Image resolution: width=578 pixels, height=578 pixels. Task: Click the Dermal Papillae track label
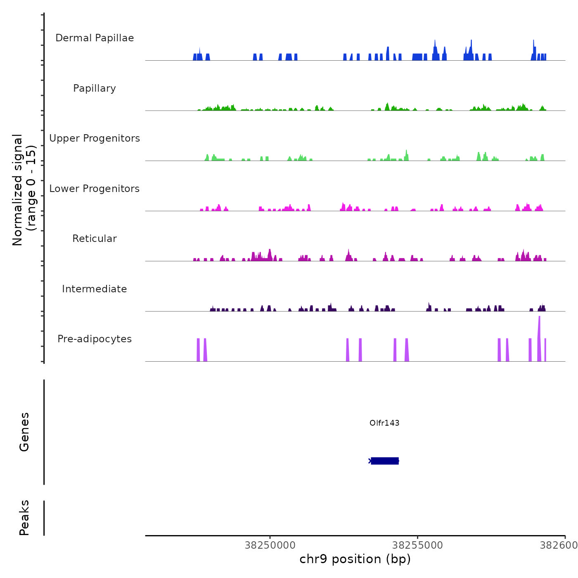[x=95, y=38]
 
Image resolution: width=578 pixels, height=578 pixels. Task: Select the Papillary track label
[x=95, y=88]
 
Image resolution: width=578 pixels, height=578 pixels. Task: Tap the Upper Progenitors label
[x=95, y=138]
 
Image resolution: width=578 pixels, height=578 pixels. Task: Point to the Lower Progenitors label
[x=95, y=189]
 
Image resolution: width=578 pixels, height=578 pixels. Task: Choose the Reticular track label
[x=95, y=239]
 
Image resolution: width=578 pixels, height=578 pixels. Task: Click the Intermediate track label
[x=95, y=289]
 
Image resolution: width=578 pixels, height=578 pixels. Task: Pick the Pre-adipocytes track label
[x=95, y=339]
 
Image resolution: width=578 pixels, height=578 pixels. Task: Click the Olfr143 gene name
[x=384, y=423]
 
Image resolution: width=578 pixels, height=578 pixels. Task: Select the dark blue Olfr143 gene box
[x=385, y=461]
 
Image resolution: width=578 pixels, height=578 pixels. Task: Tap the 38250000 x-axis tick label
[x=270, y=545]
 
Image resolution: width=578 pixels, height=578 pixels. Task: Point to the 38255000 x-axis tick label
[x=417, y=545]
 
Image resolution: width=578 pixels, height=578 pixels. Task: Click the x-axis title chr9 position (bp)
[x=355, y=559]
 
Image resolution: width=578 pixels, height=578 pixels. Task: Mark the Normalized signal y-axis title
[x=24, y=190]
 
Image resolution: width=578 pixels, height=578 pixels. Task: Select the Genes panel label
[x=24, y=432]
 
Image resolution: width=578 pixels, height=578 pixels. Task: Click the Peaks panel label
[x=24, y=518]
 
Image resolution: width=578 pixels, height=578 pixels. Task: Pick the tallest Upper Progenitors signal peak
[x=406, y=155]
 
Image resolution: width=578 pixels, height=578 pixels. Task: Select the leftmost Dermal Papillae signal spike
[x=195, y=57]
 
